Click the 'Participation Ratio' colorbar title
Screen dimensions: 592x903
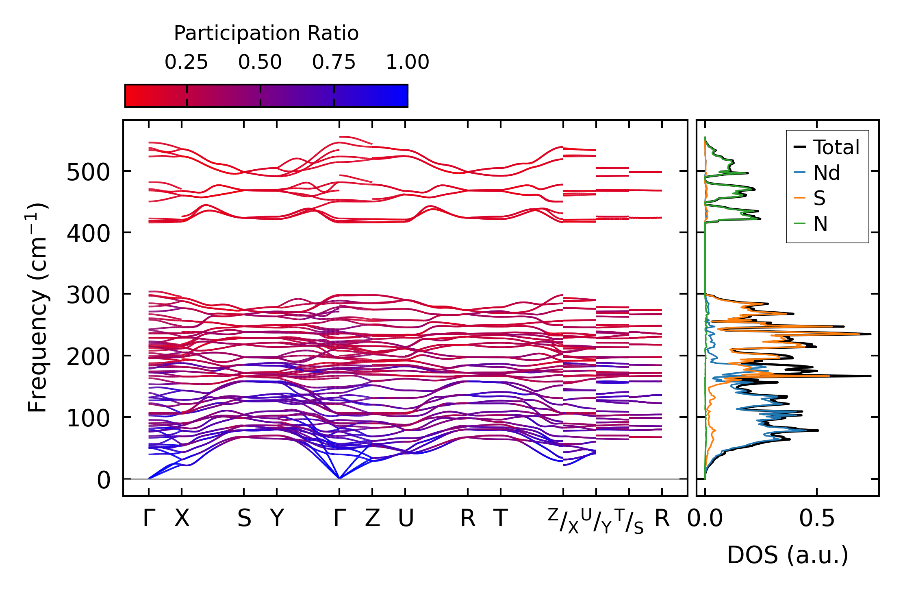[x=266, y=33]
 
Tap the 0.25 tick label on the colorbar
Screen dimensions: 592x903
[x=186, y=62]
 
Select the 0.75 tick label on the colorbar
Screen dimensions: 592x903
[x=334, y=62]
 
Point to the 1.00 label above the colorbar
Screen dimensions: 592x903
[x=407, y=62]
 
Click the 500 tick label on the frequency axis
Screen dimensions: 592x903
[x=88, y=172]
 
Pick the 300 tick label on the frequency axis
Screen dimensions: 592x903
[x=88, y=295]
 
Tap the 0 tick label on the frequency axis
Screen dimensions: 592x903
[x=104, y=480]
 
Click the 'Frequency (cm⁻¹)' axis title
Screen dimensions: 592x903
[x=38, y=308]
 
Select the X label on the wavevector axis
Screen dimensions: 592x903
[x=182, y=518]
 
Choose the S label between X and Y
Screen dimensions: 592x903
[x=244, y=518]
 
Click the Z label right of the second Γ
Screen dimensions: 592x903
[x=372, y=518]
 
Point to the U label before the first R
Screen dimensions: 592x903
[x=406, y=518]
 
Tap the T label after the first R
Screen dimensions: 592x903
[x=501, y=518]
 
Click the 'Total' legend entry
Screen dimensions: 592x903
[x=836, y=147]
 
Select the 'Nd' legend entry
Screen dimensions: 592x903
[x=826, y=173]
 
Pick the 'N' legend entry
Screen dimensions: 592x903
[x=821, y=224]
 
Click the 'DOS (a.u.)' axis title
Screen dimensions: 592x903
[x=788, y=555]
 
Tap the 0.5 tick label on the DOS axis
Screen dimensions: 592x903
[x=816, y=518]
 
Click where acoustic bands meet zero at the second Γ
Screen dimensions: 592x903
[x=339, y=478]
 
